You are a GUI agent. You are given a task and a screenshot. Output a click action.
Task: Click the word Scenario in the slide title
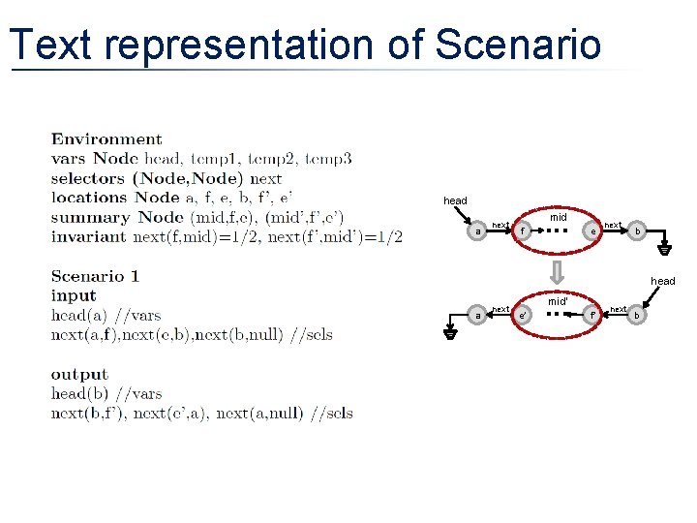[518, 45]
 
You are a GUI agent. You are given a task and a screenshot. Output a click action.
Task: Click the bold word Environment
[106, 139]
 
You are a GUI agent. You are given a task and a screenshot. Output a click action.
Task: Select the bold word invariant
[89, 236]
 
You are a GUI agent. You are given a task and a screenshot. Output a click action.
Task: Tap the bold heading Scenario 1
[95, 276]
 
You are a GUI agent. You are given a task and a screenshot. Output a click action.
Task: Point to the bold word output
[79, 375]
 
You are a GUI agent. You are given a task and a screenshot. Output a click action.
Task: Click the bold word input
[74, 295]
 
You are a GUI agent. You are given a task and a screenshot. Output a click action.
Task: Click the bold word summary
[90, 217]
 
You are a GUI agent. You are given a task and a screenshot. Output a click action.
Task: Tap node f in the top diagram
[523, 231]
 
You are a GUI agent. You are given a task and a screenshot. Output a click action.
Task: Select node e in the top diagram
[591, 231]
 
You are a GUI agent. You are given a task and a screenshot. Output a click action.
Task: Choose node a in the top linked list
[478, 231]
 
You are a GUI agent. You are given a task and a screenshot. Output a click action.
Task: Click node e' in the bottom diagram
[523, 315]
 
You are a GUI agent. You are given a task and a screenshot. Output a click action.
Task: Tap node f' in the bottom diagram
[591, 315]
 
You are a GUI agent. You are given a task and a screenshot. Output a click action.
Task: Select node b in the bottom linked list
[636, 315]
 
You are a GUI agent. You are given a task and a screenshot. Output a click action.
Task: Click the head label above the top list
[455, 200]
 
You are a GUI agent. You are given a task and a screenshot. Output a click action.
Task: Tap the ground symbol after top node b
[664, 247]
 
